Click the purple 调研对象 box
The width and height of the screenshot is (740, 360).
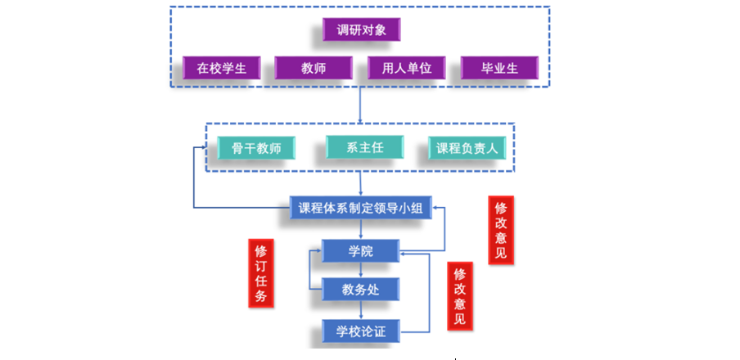point(361,31)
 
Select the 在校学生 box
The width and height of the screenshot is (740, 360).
point(222,68)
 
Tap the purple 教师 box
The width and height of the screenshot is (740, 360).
point(313,68)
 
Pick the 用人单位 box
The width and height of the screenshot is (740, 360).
point(406,68)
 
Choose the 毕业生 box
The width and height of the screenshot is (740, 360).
point(499,68)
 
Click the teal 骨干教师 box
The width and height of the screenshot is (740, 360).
point(255,149)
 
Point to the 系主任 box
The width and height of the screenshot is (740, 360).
point(365,147)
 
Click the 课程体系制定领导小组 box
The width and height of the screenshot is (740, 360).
point(361,208)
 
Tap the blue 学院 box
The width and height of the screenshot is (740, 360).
point(360,250)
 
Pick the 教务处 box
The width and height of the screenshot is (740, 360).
point(360,289)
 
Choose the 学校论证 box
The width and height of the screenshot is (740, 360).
point(360,331)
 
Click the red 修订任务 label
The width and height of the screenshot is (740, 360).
point(260,273)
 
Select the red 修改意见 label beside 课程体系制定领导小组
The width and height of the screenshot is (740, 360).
point(500,230)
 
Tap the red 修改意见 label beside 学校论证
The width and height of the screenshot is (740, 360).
point(459,295)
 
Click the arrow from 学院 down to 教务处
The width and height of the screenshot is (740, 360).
point(360,270)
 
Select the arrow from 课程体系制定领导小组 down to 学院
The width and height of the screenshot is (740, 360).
point(360,229)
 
